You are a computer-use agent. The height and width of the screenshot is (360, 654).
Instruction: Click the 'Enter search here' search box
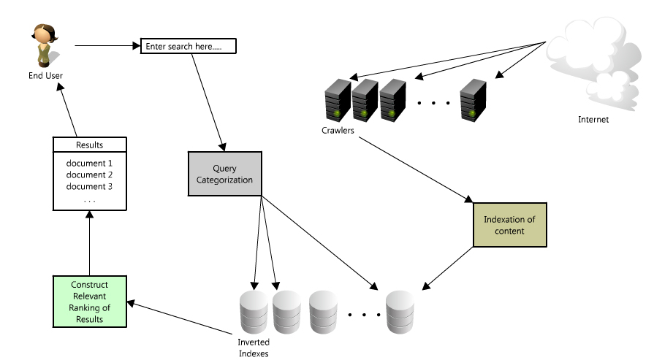coord(189,47)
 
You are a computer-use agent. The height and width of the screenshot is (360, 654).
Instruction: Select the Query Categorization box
coord(224,175)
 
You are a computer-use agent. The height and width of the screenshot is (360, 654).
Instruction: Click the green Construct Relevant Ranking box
coord(90,301)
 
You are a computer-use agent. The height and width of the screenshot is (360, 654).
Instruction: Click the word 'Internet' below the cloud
coord(593,120)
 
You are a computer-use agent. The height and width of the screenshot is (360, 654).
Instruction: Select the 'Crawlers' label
coord(338,131)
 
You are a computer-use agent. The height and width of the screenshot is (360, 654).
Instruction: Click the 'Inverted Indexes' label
coord(255,348)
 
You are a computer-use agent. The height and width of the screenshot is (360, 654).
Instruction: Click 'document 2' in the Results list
coord(89,175)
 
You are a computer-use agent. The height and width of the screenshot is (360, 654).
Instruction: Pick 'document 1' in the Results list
coord(89,163)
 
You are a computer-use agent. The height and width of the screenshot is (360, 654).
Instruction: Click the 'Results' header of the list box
coord(89,145)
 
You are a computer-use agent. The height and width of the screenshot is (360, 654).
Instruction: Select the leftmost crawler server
coord(336,101)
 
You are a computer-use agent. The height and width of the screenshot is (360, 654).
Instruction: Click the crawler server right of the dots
coord(472,101)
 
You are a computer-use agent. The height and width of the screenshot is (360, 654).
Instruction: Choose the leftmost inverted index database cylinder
coord(254,312)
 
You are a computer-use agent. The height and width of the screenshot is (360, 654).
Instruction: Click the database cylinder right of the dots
coord(400,312)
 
